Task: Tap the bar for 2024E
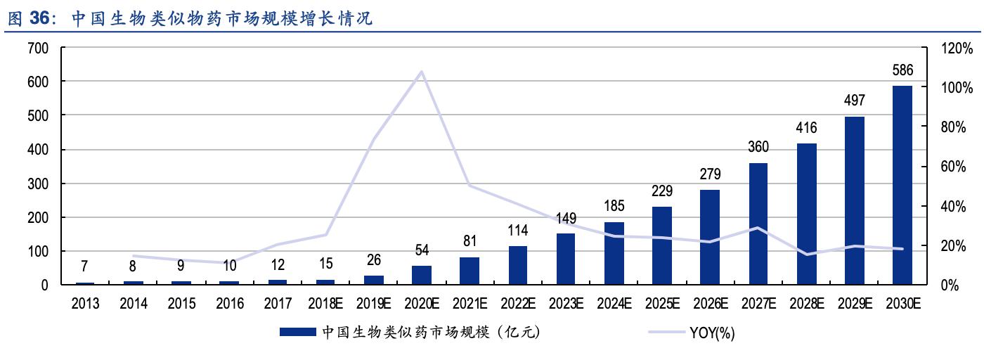(x=614, y=253)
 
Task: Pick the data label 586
(x=902, y=70)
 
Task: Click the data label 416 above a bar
(x=806, y=128)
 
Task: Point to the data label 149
(x=566, y=217)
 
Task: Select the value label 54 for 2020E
(x=422, y=250)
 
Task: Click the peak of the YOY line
(x=421, y=72)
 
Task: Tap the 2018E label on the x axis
(x=325, y=304)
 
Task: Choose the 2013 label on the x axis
(x=85, y=304)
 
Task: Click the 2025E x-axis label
(x=662, y=304)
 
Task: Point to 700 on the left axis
(x=38, y=49)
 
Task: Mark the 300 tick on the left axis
(x=38, y=184)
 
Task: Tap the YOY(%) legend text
(x=712, y=333)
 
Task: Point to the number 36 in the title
(x=40, y=19)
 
